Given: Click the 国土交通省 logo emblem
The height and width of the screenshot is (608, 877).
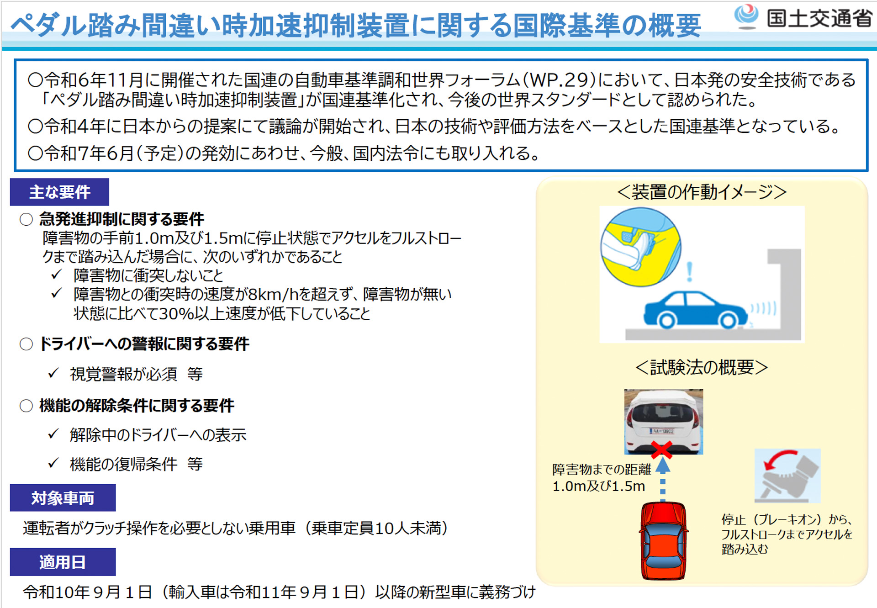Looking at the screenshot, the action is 746,16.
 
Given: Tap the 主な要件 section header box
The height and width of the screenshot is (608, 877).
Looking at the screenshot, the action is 59,192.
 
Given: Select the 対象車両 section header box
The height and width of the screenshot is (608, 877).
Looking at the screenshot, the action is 63,497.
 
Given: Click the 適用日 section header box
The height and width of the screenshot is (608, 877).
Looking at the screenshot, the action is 63,562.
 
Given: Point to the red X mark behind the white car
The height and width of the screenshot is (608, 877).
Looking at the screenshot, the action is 661,450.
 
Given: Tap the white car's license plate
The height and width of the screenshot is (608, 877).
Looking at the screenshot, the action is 662,431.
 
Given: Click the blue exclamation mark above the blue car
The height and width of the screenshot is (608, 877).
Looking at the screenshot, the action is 689,271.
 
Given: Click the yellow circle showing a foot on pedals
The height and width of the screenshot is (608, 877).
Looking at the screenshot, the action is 640,247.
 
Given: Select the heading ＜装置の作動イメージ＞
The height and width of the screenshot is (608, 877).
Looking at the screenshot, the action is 702,192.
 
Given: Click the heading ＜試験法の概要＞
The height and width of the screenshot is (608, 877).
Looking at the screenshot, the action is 702,367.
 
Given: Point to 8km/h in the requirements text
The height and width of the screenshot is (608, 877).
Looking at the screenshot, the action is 273,295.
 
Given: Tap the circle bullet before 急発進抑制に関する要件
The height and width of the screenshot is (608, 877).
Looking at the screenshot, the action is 26,219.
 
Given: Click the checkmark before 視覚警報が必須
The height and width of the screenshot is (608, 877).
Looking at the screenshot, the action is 53,373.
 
